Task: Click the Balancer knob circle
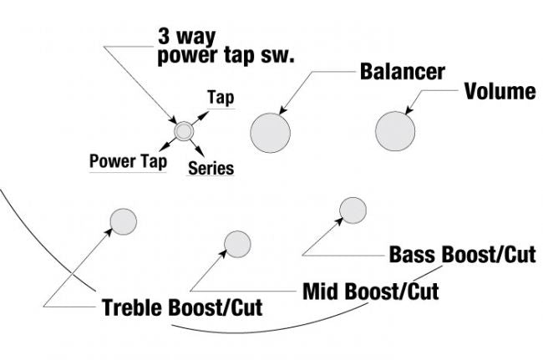pyautogui.click(x=271, y=131)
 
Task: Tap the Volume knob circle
pyautogui.click(x=395, y=131)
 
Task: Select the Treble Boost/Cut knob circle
pyautogui.click(x=123, y=221)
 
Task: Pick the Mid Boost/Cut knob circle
pyautogui.click(x=237, y=243)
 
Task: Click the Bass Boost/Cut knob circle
pyautogui.click(x=353, y=210)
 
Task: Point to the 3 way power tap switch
pyautogui.click(x=184, y=130)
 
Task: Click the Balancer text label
pyautogui.click(x=403, y=72)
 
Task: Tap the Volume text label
pyautogui.click(x=500, y=92)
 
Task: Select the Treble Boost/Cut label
pyautogui.click(x=182, y=307)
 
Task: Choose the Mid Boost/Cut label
pyautogui.click(x=370, y=292)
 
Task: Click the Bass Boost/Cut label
pyautogui.click(x=462, y=255)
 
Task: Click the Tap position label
pyautogui.click(x=221, y=98)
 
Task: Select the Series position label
pyautogui.click(x=211, y=168)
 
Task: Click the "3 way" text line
pyautogui.click(x=187, y=38)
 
